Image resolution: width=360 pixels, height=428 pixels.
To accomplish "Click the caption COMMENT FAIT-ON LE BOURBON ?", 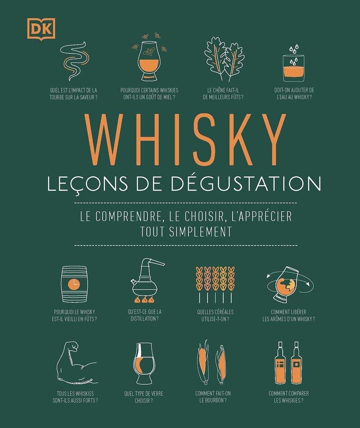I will (213, 397).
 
